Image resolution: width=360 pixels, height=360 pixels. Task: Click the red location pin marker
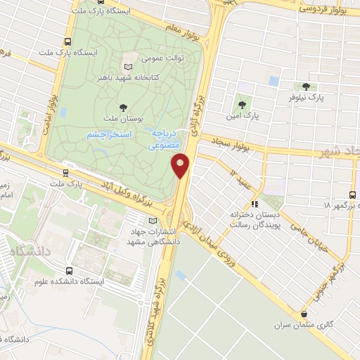[x=181, y=165]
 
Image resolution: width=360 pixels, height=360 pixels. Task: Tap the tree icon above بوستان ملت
[x=124, y=107]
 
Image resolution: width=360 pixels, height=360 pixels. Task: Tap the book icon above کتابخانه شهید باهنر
[x=128, y=60]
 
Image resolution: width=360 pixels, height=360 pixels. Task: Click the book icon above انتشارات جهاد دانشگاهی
[x=154, y=221]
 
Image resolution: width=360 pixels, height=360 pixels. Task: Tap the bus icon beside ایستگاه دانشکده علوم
[x=68, y=270]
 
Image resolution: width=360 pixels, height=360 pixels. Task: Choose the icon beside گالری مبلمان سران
[x=304, y=314]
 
